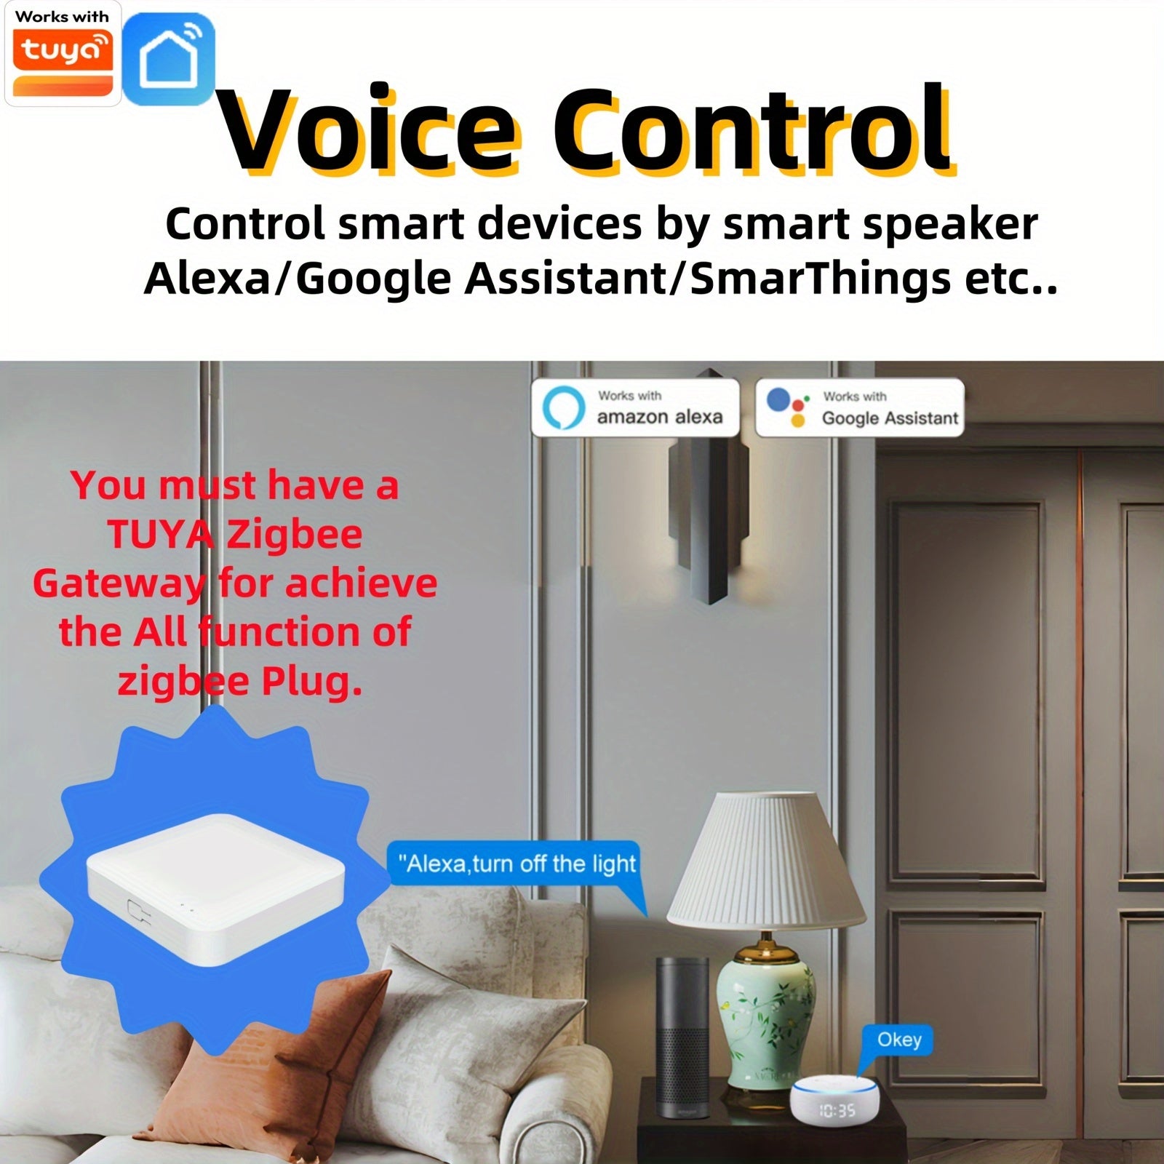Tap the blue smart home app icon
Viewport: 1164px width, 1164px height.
click(x=169, y=60)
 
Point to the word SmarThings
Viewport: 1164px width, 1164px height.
click(x=820, y=279)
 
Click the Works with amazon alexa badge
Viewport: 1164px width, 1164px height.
click(x=635, y=407)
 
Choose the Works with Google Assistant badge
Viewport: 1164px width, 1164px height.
click(x=860, y=407)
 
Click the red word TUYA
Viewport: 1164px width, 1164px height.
click(x=159, y=535)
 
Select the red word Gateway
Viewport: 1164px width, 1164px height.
click(x=119, y=584)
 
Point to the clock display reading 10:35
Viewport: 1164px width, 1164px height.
click(x=837, y=1111)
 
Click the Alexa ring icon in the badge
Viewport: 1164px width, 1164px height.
click(x=564, y=407)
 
